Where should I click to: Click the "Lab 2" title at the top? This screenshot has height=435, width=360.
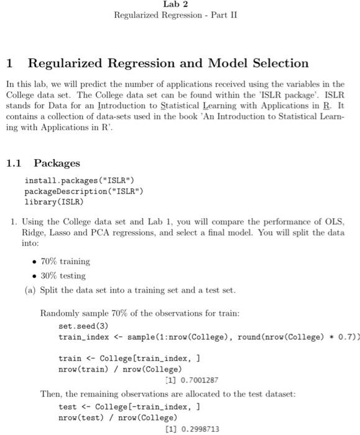[175, 4]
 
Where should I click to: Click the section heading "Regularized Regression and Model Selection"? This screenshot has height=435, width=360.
[168, 63]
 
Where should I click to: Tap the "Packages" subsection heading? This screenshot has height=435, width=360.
[57, 163]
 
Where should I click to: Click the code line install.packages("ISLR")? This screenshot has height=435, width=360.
[79, 180]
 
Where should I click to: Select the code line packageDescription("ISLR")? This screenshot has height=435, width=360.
[83, 191]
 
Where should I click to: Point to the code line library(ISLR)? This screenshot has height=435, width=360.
[53, 201]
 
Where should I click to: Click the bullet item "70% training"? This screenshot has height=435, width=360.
[65, 261]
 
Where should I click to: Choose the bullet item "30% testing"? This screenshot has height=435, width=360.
[63, 275]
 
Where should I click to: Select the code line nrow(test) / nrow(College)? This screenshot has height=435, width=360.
[118, 418]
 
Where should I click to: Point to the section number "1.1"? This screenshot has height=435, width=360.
[14, 163]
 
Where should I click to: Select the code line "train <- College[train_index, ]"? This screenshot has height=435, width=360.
[129, 359]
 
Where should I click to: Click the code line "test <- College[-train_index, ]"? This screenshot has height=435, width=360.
[129, 407]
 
